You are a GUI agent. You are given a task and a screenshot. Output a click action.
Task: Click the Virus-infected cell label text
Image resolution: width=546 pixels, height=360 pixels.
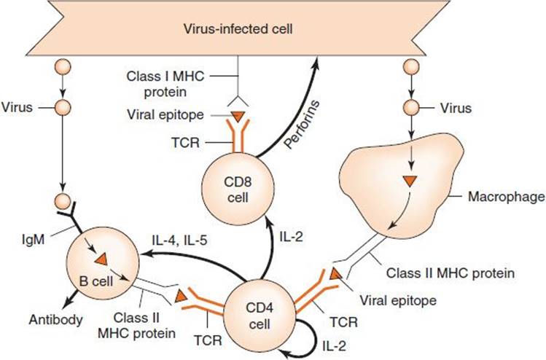238,28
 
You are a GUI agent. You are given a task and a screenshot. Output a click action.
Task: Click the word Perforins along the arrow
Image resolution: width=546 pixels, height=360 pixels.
302,125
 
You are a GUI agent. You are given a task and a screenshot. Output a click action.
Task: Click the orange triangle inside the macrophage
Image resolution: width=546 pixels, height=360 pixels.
410,181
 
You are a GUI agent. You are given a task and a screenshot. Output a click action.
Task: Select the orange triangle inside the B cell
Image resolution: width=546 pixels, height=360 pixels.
101,259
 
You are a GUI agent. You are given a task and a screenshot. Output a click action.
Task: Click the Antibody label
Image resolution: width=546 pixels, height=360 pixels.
55,320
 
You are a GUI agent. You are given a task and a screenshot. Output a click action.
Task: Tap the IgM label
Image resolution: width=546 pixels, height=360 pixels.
33,240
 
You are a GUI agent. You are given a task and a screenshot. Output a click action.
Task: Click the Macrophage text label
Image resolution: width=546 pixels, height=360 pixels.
507,197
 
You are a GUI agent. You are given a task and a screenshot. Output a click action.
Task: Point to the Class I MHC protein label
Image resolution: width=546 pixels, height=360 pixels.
165,84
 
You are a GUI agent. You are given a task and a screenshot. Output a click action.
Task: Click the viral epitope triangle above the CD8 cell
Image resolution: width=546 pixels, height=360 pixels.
238,117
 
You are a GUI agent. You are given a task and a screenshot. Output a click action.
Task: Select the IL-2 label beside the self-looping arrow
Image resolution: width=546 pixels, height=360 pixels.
335,345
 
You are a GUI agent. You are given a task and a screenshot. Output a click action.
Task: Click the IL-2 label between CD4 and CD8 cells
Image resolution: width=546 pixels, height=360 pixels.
292,237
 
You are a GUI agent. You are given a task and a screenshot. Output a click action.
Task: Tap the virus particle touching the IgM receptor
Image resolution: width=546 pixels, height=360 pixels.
63,201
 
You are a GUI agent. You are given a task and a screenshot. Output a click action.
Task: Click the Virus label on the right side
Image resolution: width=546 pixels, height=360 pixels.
456,109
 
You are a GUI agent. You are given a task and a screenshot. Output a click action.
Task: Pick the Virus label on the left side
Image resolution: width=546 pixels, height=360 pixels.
17,107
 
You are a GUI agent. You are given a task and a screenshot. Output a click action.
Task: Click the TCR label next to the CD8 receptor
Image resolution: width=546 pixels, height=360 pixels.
186,142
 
